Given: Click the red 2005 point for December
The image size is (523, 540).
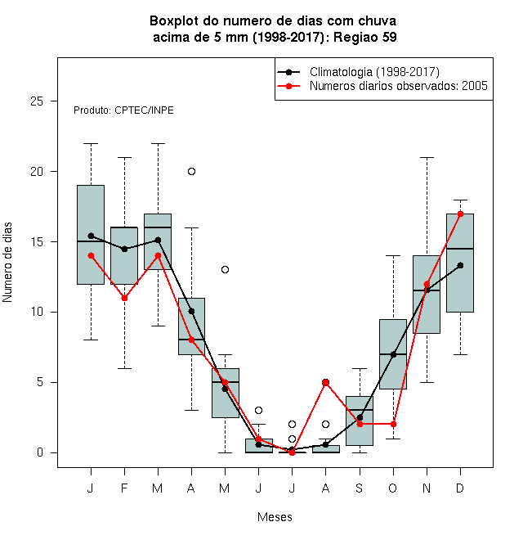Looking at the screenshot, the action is pos(460,214).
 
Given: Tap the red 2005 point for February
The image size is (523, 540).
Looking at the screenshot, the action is pos(124,299).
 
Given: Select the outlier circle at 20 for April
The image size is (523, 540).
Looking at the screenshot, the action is pos(192,172).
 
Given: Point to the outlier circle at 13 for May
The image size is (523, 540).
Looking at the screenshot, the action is pos(225,270).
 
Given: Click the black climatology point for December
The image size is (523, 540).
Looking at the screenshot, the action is pos(460,265).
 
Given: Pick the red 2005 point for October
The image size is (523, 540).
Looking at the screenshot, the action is pos(393,425).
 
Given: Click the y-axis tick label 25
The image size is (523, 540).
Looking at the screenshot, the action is pos(37,101).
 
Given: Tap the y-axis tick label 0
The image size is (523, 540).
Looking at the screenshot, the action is pos(40,452).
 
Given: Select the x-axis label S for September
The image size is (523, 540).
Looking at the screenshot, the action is pos(360,488).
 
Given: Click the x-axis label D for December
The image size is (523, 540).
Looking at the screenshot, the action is pos(460,488).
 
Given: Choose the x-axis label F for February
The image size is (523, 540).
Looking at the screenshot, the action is pos(124,488).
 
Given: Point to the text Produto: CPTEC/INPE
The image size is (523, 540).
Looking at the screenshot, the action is pos(123,110).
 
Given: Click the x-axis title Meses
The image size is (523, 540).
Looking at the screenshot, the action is pos(275,517).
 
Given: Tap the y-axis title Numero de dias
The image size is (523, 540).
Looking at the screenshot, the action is pos(7,263).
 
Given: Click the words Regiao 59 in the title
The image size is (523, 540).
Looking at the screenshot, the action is pos(365,37).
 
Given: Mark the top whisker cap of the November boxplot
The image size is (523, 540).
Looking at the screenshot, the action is pos(427,157).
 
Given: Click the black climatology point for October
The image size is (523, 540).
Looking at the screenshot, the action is pos(393,354).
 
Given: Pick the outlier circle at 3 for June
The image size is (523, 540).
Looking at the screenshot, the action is pos(259,410).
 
